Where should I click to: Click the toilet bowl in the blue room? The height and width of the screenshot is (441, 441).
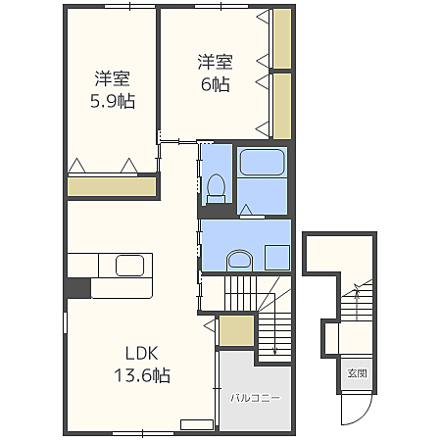click(x=217, y=184)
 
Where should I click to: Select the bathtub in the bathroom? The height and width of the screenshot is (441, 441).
click(x=262, y=164)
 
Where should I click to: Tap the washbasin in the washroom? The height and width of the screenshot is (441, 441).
click(x=237, y=260)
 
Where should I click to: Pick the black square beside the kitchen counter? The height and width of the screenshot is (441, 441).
click(x=78, y=287)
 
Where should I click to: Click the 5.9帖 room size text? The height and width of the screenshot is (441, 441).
click(x=114, y=101)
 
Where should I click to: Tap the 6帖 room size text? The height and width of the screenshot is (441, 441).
click(x=216, y=85)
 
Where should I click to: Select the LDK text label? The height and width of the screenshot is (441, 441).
click(x=140, y=354)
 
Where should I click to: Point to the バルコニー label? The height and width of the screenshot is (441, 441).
click(x=256, y=398)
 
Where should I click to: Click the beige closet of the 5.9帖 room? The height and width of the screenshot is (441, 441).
click(x=113, y=186)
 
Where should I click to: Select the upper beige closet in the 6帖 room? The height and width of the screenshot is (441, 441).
click(x=282, y=39)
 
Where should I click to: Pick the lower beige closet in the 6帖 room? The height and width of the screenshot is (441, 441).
click(x=282, y=106)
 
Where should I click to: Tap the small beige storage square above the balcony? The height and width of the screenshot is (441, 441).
click(x=236, y=330)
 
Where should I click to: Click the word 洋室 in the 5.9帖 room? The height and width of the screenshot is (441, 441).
click(x=114, y=77)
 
